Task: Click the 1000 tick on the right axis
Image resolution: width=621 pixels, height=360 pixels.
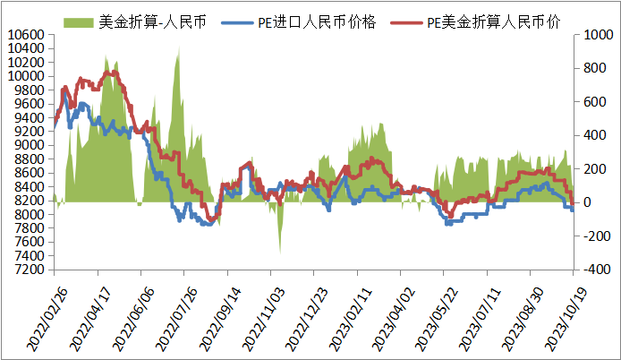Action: [x=595, y=35]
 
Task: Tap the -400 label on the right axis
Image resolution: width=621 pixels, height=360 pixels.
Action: [x=593, y=270]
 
